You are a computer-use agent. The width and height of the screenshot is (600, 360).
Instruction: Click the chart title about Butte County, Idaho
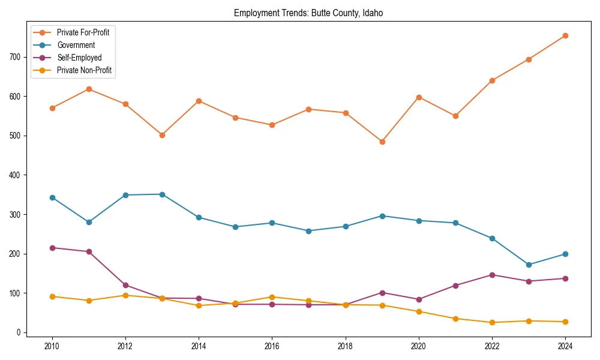coord(308,13)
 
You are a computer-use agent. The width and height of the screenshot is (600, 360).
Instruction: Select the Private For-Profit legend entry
coord(83,32)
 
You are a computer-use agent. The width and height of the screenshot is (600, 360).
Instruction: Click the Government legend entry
coord(76,45)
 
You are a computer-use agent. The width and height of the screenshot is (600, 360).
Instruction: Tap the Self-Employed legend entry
coord(79,58)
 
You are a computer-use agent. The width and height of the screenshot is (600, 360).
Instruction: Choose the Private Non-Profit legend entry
coord(84,70)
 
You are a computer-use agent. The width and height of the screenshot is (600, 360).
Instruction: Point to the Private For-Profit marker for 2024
coord(565,35)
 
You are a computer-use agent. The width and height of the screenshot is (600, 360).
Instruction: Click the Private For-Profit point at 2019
coord(382,142)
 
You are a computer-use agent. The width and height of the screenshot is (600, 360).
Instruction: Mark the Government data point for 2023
coord(529,265)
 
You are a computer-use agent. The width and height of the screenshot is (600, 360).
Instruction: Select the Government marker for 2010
coord(52,197)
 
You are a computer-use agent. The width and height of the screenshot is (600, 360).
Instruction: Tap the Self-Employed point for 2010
coord(52,248)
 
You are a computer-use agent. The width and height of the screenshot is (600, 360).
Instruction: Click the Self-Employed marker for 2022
coord(492,275)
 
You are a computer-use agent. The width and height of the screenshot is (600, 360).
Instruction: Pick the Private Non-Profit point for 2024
coord(565,322)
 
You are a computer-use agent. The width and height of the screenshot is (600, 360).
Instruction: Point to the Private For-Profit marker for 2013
coord(162,135)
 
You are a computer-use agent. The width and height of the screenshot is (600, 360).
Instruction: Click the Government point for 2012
coord(125,195)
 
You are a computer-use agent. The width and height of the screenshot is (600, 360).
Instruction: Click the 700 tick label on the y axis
coord(14,57)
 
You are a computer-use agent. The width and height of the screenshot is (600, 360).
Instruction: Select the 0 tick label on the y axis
coord(19,332)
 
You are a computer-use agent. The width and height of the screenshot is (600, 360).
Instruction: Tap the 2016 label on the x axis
coord(272,346)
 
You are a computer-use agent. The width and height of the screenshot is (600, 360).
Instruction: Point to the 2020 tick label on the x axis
coord(419,346)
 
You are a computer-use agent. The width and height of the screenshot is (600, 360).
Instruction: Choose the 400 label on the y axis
coord(14,175)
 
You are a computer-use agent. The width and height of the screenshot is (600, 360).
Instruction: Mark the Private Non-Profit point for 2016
coord(272,297)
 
